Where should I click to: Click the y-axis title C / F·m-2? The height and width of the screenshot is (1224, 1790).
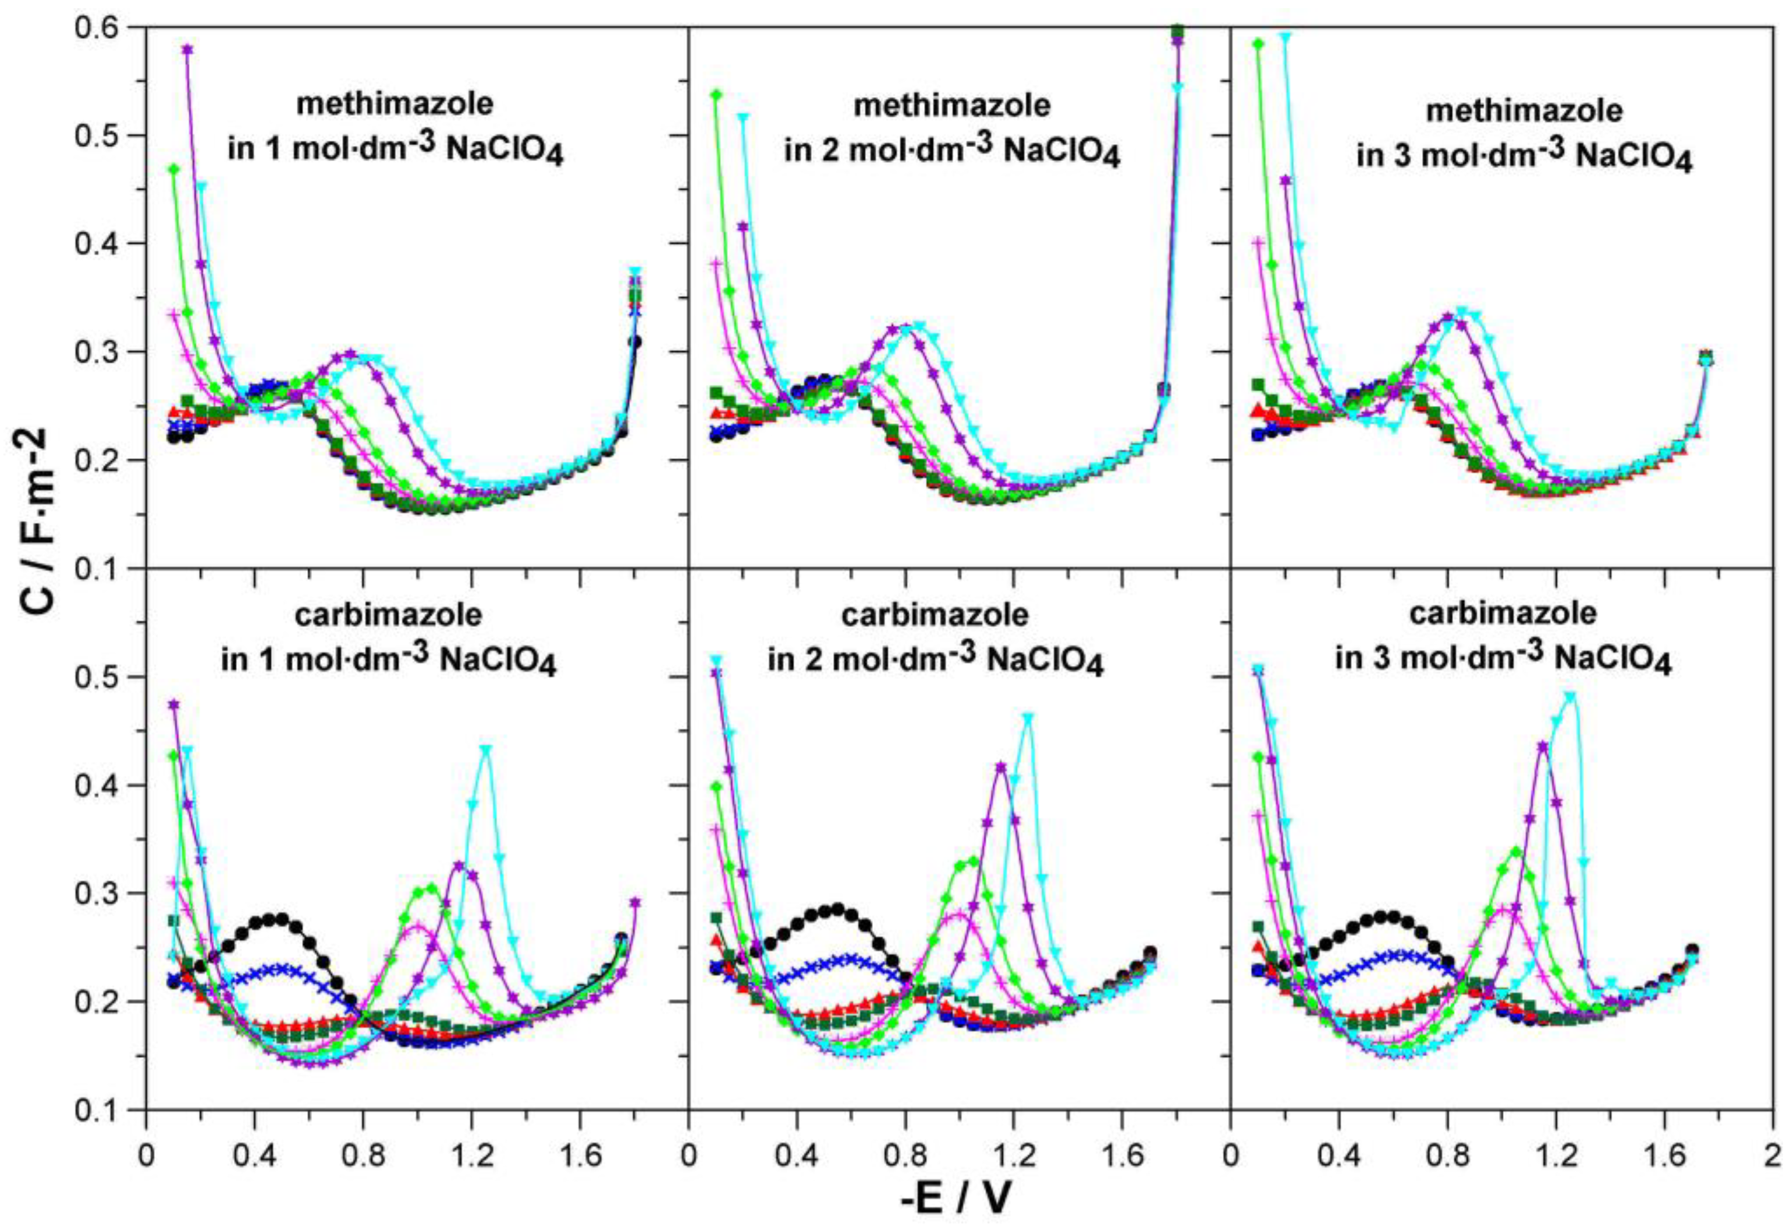click(x=38, y=523)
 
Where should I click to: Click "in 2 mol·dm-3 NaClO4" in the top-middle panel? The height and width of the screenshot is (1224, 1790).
click(x=952, y=149)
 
